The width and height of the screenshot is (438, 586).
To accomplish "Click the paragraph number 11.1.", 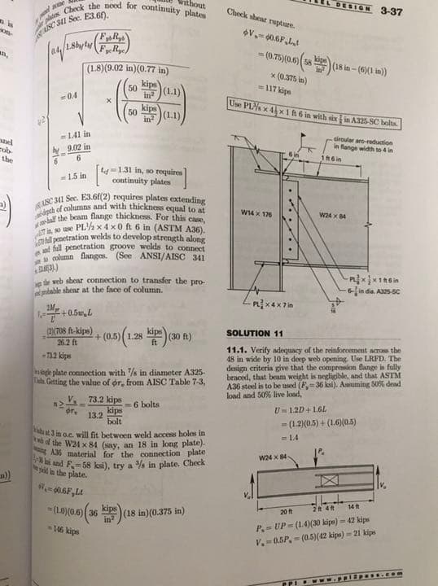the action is pyautogui.click(x=237, y=350).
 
